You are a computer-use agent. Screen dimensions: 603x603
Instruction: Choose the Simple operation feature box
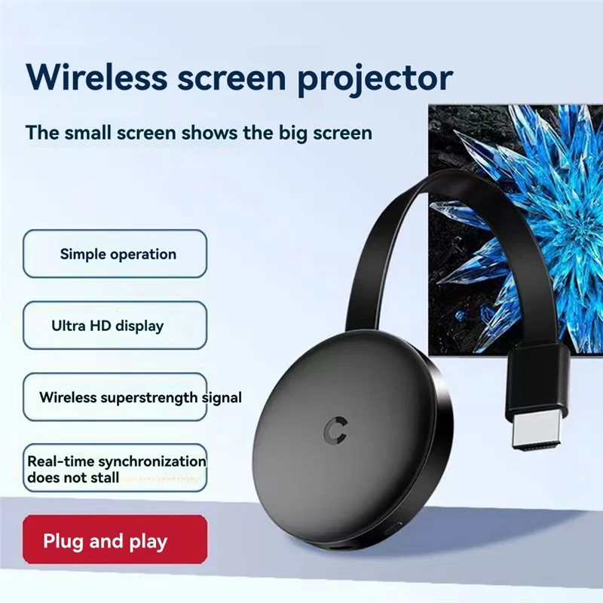coord(115,254)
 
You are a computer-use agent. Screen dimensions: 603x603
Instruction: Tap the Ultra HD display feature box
coord(115,326)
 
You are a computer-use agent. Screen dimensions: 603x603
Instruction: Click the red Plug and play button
coord(115,540)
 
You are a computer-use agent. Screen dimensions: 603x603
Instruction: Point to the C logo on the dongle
coord(332,429)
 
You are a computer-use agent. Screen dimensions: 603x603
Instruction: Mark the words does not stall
coord(73,477)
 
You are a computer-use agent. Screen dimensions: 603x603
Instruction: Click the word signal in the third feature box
coord(222,397)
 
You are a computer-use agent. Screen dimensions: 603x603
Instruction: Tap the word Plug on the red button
coord(63,540)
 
